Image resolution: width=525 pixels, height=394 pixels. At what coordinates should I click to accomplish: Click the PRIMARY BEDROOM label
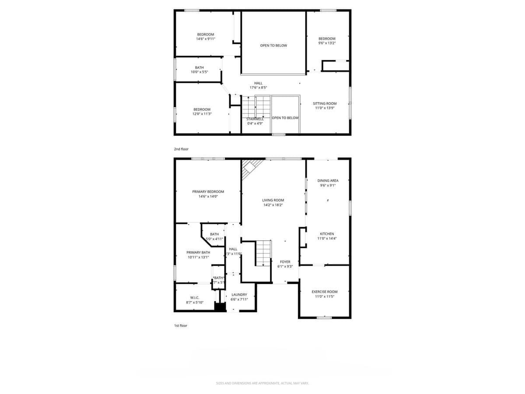coord(208,192)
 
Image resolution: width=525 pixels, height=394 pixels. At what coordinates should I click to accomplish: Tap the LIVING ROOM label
coord(273,200)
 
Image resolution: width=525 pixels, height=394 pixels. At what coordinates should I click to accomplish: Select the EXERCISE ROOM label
coord(324,292)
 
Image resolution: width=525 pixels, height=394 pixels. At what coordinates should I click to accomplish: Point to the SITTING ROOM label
coord(324,104)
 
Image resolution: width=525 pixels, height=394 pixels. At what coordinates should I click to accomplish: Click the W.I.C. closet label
coord(195,297)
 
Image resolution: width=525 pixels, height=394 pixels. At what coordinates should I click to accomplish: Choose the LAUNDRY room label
coord(239,295)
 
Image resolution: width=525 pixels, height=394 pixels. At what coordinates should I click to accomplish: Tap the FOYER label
coord(285,262)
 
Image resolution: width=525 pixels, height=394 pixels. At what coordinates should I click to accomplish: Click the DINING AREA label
coord(328,180)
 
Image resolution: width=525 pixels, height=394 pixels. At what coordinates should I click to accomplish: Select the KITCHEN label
coord(327,234)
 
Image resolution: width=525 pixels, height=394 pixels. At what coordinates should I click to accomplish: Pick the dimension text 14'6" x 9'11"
coord(205,39)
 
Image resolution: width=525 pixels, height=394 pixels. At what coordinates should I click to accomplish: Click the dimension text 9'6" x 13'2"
coord(327,43)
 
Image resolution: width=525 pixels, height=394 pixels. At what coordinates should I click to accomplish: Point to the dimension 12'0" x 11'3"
coord(202,114)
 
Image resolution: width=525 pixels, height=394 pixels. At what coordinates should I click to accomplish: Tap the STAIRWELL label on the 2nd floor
coord(255,119)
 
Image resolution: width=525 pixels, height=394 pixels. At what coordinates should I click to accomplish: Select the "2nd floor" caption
coord(181,149)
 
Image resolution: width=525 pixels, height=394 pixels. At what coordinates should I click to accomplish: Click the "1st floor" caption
coord(180,326)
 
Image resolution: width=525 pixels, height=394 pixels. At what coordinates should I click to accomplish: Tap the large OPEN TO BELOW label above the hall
coord(273,46)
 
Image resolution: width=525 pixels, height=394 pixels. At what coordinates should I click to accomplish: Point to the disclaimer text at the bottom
coord(262,383)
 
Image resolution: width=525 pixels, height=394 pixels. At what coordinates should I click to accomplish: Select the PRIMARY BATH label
coord(198,252)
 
